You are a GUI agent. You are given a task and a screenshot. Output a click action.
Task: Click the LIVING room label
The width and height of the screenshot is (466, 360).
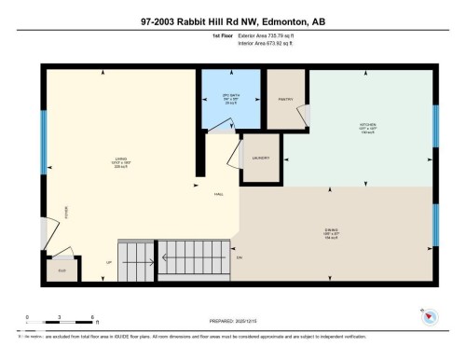[x=118, y=158]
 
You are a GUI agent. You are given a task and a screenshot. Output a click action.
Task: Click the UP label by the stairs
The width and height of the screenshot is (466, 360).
[x=109, y=262]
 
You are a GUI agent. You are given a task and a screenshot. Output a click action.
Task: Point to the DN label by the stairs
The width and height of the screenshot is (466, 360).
[x=240, y=256]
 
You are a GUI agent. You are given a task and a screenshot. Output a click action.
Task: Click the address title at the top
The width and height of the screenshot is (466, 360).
[x=233, y=20]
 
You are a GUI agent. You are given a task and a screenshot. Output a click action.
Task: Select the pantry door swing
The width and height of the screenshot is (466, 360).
[x=301, y=114]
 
